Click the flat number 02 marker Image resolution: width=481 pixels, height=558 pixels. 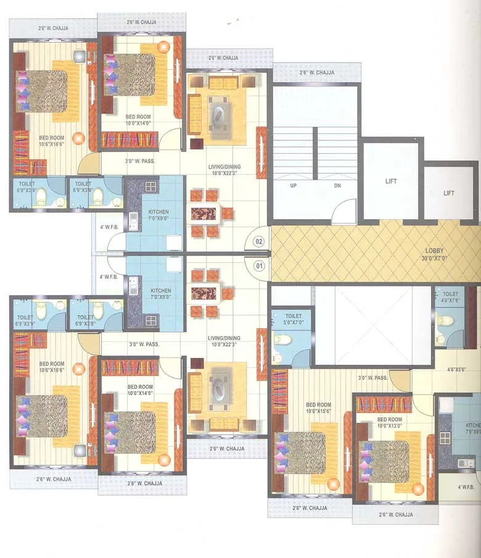260,241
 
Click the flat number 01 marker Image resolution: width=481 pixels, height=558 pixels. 260,266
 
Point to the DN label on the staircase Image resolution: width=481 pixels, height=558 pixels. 337,185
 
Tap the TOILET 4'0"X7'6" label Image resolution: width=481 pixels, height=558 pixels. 450,298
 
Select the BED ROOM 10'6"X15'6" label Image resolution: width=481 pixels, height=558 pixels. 319,407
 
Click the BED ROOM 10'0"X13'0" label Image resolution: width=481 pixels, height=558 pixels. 388,422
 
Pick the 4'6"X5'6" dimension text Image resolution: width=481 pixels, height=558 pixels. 455,370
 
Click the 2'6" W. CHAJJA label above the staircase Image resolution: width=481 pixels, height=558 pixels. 317,73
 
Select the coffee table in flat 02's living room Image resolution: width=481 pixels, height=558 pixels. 220,111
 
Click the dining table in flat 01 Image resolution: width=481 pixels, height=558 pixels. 203,292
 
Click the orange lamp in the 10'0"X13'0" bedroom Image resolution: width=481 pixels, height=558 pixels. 418,489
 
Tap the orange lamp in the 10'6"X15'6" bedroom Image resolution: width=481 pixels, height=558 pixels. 334,484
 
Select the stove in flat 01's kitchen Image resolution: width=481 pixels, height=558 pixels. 150,320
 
